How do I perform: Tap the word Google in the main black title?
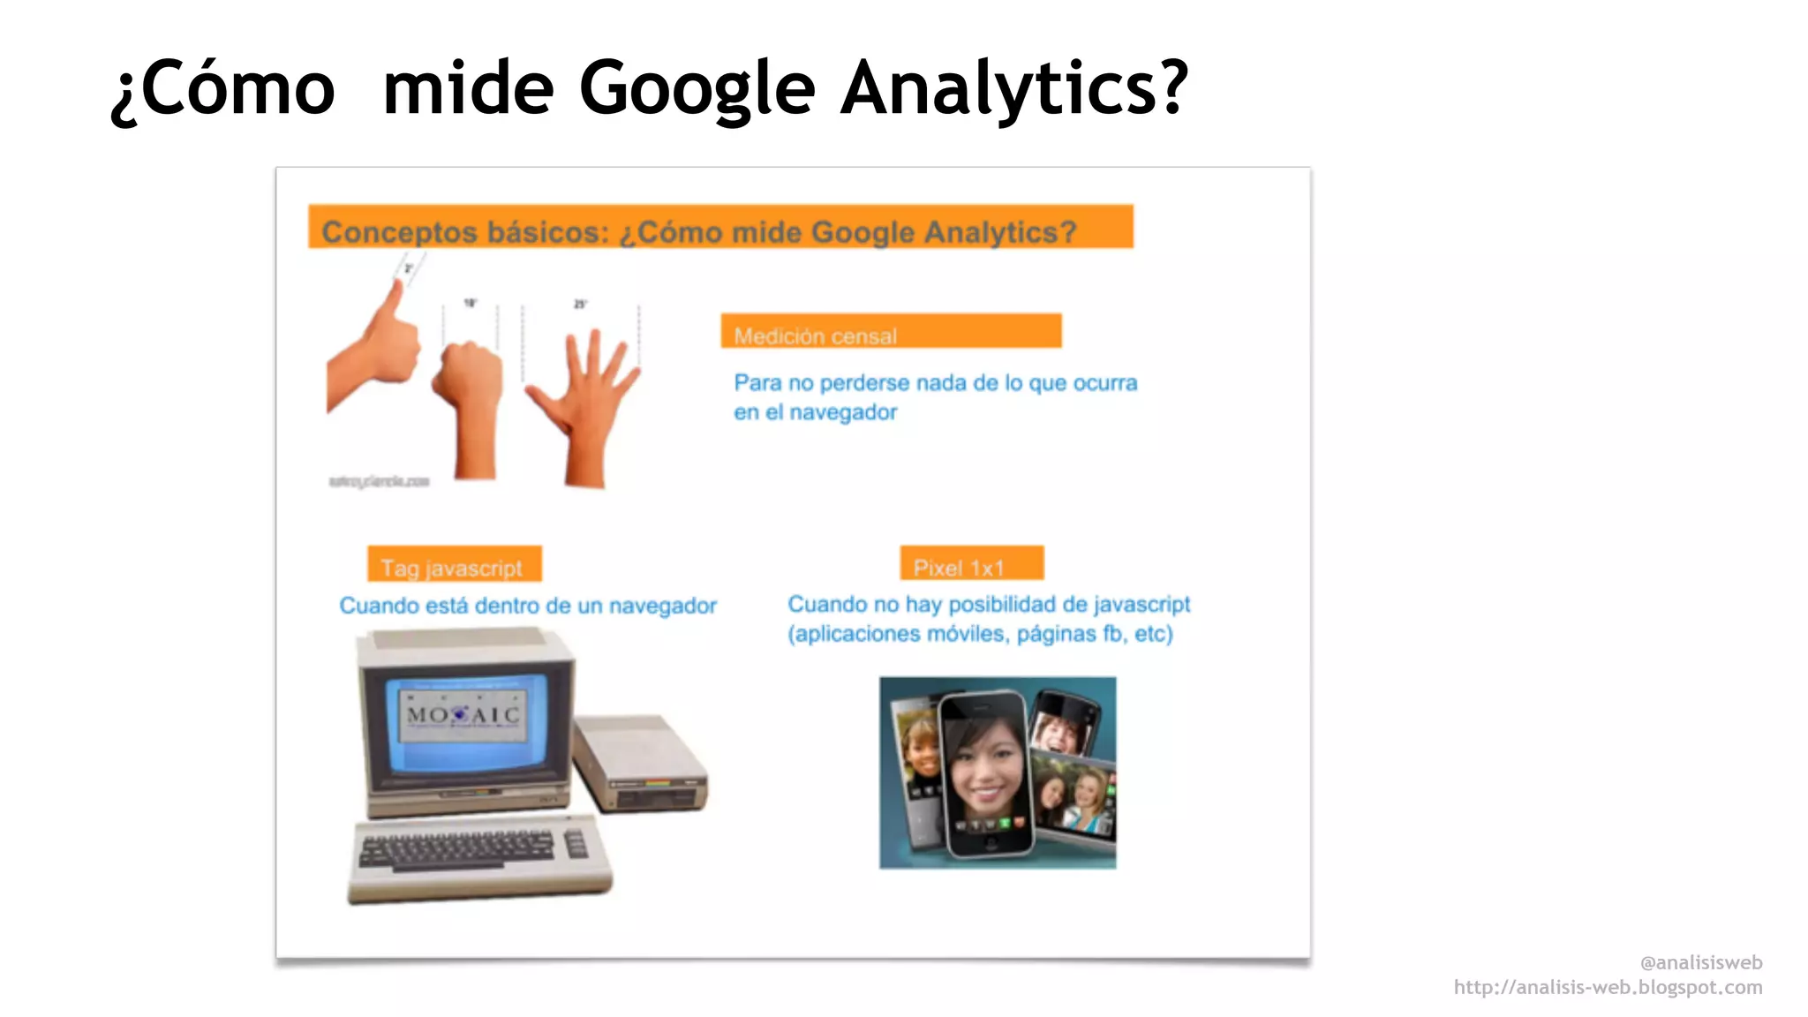(x=697, y=88)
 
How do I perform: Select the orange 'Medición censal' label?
(x=890, y=332)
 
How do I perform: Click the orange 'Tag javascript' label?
(x=454, y=565)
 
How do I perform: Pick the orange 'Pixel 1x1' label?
(x=971, y=564)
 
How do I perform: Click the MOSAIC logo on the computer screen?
(x=463, y=714)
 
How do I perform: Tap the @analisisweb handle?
(x=1700, y=963)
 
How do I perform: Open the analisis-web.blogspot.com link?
(x=1608, y=988)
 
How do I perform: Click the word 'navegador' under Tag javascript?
(x=662, y=606)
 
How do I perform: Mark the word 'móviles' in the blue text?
(x=966, y=634)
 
